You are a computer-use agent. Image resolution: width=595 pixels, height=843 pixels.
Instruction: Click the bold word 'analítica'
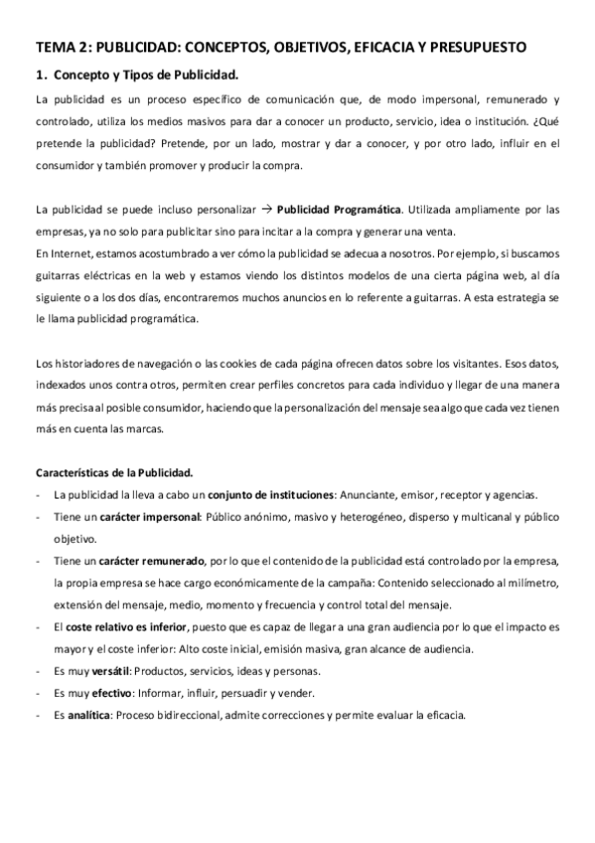click(x=90, y=715)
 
